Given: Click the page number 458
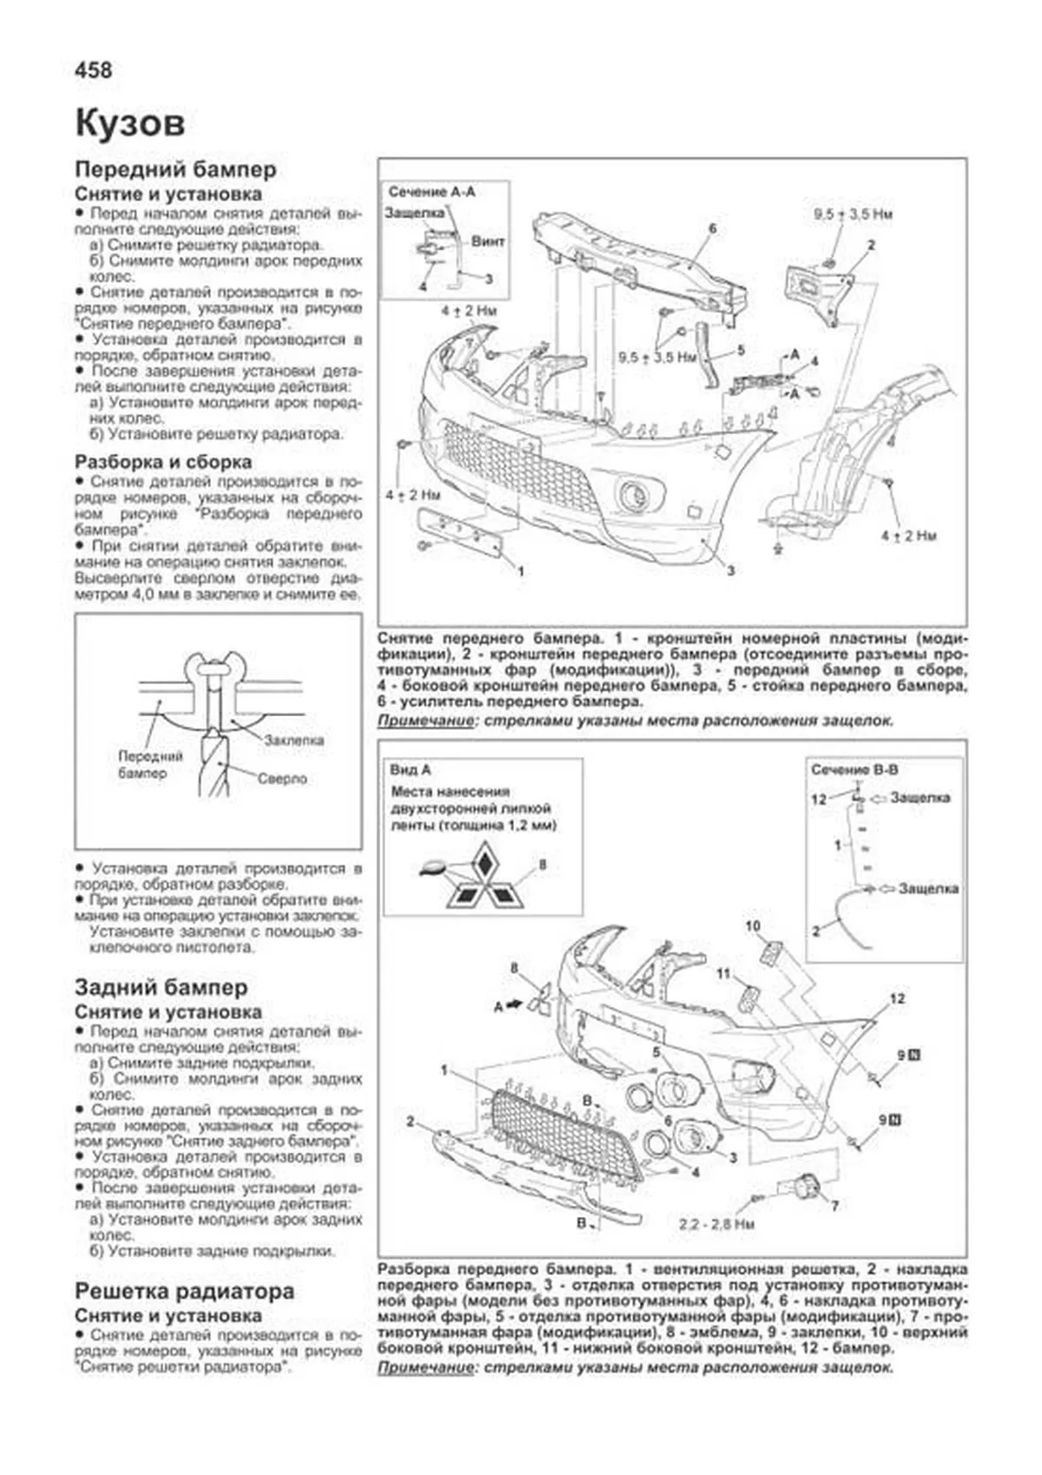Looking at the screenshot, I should (x=94, y=69).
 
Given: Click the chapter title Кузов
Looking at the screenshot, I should (x=130, y=122).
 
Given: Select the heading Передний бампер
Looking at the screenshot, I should (x=175, y=169).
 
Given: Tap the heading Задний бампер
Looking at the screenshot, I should (x=161, y=987).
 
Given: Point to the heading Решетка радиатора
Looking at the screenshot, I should (x=184, y=1291).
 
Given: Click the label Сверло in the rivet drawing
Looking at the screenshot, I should (x=282, y=779).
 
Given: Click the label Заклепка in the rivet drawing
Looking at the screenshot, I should (x=294, y=740).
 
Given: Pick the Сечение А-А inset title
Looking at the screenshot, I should (x=432, y=192).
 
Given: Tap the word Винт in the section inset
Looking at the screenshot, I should (x=488, y=241).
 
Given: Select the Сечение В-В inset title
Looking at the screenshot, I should (x=854, y=769).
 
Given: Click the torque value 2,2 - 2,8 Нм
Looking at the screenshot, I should (x=716, y=1224).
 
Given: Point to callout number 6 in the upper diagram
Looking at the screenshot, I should (x=712, y=228).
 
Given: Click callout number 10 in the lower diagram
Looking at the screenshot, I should (x=753, y=925).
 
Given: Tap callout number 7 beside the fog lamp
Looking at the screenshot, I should (x=834, y=1207).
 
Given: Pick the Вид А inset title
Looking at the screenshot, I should (x=411, y=769).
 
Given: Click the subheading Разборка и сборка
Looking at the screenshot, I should (x=162, y=462).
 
